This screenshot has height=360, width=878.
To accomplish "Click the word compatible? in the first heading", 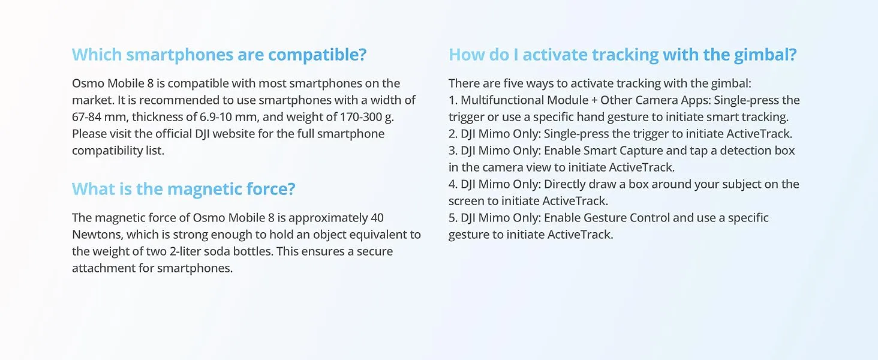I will click(x=317, y=55).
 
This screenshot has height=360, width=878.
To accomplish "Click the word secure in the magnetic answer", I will click(x=374, y=251).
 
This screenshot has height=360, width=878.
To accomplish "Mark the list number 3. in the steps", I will click(x=453, y=151).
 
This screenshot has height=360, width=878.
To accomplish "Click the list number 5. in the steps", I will click(x=453, y=218).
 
